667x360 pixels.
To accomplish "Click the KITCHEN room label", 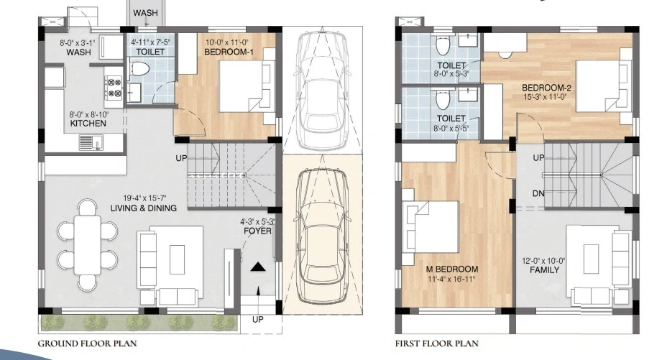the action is tap(88, 124).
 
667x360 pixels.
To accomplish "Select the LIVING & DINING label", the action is tap(143, 208).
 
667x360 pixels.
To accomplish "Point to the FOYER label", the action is tap(257, 231).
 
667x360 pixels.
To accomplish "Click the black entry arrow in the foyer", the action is tap(258, 267).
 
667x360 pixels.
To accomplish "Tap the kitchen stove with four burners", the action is tap(114, 87).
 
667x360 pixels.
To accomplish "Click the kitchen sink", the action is tap(91, 142).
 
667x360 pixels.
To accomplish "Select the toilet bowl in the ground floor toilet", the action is tap(139, 69).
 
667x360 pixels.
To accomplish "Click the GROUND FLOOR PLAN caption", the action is tap(88, 343).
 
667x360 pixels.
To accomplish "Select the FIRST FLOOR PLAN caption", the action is tap(437, 343).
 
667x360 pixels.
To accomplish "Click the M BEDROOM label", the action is tap(452, 269).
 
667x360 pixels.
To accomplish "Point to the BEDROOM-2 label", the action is tap(547, 88).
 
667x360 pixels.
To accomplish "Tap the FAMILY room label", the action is tap(545, 270).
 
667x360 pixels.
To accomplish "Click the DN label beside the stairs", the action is tap(538, 193).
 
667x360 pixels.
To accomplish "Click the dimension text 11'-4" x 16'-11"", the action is tap(452, 279).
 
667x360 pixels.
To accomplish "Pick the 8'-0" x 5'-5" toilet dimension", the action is tap(451, 127).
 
